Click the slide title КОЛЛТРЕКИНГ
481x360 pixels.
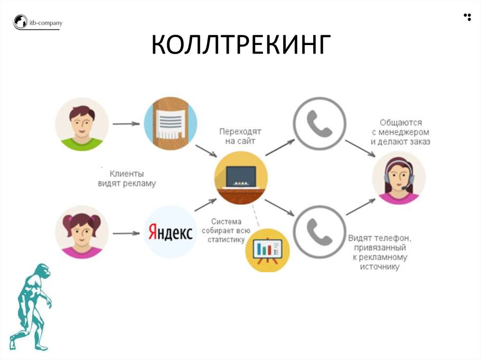pyautogui.click(x=241, y=45)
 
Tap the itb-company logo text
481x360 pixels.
pyautogui.click(x=46, y=23)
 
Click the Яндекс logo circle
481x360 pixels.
pyautogui.click(x=171, y=232)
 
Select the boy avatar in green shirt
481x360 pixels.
pyautogui.click(x=82, y=124)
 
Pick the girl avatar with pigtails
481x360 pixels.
pyautogui.click(x=82, y=232)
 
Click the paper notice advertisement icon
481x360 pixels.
pyautogui.click(x=171, y=123)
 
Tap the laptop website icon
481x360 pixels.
pyautogui.click(x=241, y=178)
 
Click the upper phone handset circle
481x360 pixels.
pyautogui.click(x=319, y=123)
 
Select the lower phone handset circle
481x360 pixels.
pyautogui.click(x=319, y=232)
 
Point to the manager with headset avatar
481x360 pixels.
pyautogui.click(x=399, y=178)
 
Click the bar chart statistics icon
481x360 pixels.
pyautogui.click(x=267, y=250)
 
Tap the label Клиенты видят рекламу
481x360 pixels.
pyautogui.click(x=127, y=178)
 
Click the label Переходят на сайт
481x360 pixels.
pyautogui.click(x=240, y=136)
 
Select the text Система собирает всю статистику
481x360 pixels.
pyautogui.click(x=226, y=230)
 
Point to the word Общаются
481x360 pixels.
pyautogui.click(x=401, y=123)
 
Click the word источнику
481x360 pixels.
pyautogui.click(x=380, y=267)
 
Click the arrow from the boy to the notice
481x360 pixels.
pyautogui.click(x=126, y=124)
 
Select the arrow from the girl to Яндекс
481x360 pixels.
pyautogui.click(x=126, y=233)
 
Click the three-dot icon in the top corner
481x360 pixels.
pyautogui.click(x=467, y=17)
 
